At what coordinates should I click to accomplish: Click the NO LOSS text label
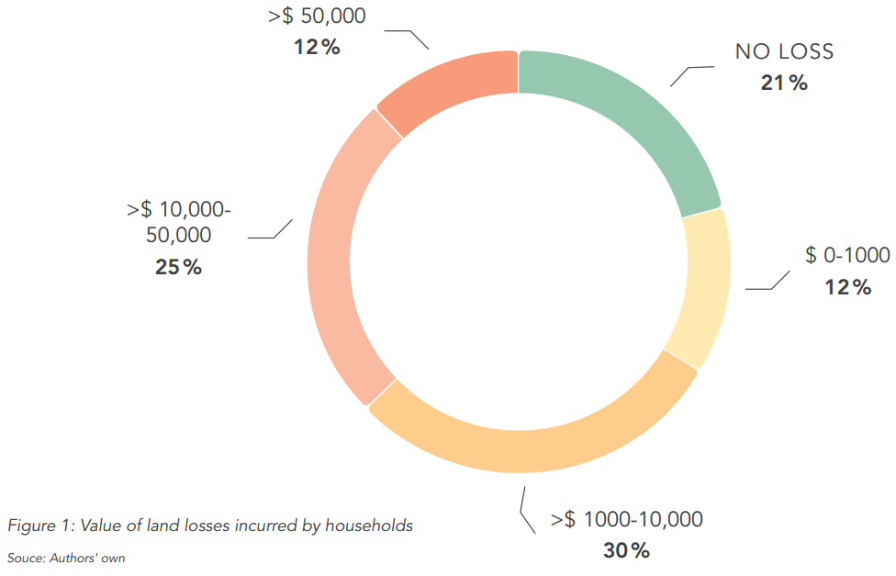pos(784,51)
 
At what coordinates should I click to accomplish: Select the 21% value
pos(784,83)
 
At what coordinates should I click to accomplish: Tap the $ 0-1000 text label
pos(847,256)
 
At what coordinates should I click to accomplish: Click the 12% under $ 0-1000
pos(847,288)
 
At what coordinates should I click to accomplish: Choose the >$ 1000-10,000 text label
pos(627,519)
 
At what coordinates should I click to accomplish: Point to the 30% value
pos(627,551)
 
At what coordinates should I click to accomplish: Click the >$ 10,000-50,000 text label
pos(179,223)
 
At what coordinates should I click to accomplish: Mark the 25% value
pos(179,268)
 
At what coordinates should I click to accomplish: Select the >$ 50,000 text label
pos(318,16)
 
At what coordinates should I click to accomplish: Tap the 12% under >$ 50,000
pos(318,47)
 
